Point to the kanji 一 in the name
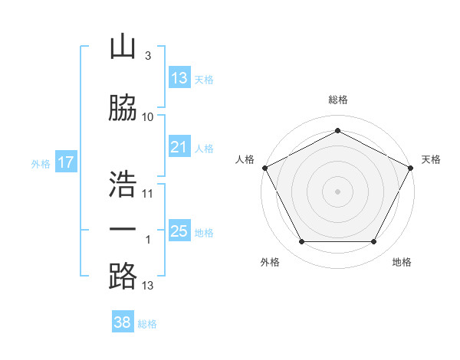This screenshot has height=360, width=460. pos(123,230)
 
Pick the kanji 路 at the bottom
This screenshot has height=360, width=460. pos(123,277)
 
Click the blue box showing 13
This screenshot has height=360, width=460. pos(179,78)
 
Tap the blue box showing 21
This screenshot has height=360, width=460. pos(179,147)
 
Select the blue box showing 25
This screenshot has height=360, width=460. pos(179,231)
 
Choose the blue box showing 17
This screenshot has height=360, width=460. pos(65,162)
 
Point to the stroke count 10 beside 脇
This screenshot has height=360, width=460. pos(148,117)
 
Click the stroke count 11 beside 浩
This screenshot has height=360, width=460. pos(148,194)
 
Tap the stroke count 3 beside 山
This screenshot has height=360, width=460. pos(147,56)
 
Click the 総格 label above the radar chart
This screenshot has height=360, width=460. pos(338,100)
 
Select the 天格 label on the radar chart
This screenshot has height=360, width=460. pos(431,159)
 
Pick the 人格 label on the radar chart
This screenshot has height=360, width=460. pos(245,159)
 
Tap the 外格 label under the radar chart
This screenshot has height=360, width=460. pos(270,262)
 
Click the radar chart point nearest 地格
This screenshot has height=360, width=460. pos(373,242)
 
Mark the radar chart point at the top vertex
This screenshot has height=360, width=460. pos(337,129)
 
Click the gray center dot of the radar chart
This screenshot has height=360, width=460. pos(337,191)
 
